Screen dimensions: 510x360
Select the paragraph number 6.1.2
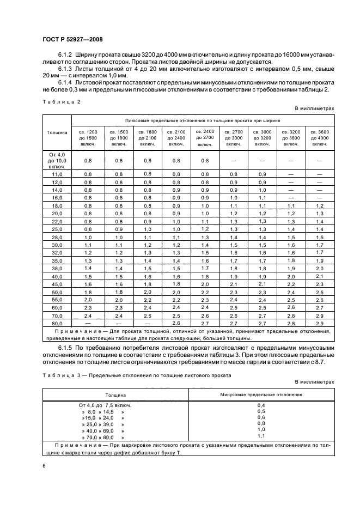point(66,56)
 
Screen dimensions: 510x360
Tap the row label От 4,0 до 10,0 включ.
point(57,161)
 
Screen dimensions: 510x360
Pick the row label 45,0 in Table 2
point(57,284)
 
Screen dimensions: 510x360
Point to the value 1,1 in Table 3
point(261,436)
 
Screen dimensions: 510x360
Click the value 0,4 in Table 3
point(261,405)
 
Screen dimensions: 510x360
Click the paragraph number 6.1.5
point(66,347)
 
